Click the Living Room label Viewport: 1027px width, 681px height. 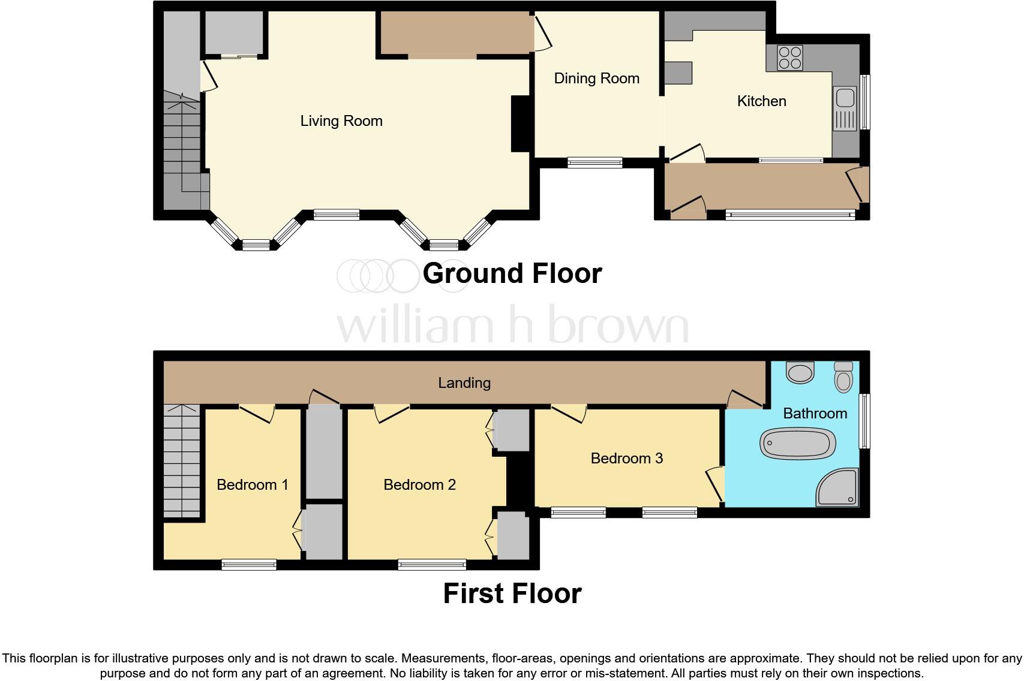[x=341, y=121]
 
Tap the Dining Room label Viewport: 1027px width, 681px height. [x=596, y=79]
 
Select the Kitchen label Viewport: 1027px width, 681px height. [x=761, y=101]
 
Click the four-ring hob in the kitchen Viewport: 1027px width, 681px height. [x=789, y=58]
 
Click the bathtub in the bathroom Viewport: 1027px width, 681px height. [x=797, y=444]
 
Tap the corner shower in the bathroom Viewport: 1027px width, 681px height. [x=839, y=487]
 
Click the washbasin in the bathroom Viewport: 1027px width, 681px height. [x=800, y=372]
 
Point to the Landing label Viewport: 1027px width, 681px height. [x=464, y=383]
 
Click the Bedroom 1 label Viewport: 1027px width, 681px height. [x=252, y=484]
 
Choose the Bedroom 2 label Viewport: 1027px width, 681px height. [x=419, y=484]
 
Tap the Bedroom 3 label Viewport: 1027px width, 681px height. [x=626, y=459]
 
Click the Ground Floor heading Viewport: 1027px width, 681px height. [x=512, y=273]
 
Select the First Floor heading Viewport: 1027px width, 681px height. [x=512, y=593]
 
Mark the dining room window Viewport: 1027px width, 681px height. [x=595, y=162]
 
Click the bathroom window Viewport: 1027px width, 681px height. [x=864, y=421]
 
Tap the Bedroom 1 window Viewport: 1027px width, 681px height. [x=249, y=564]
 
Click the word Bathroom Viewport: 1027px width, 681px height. [x=815, y=414]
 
